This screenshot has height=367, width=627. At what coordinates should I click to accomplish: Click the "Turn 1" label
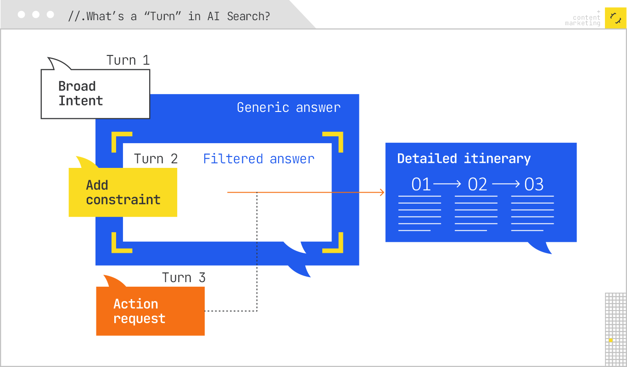point(128,61)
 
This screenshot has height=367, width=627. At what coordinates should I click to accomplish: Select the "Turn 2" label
point(156,159)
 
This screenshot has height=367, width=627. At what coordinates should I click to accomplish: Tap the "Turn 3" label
point(184,278)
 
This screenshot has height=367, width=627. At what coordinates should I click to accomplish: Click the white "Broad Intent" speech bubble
point(95,94)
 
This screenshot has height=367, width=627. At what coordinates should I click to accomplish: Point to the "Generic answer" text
point(289,108)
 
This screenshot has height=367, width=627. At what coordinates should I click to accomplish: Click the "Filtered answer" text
point(258,159)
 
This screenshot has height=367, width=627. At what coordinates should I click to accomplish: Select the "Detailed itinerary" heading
point(464,159)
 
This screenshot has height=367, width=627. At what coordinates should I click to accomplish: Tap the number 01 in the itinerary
point(421,184)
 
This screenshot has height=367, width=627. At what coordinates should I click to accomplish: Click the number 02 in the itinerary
point(477,184)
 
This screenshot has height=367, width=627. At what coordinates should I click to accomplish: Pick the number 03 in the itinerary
point(534,184)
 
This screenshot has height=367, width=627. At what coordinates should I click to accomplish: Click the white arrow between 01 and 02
point(447,184)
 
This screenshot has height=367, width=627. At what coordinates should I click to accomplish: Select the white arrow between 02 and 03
point(506,184)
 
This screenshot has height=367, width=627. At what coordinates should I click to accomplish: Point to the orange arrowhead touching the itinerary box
point(382,193)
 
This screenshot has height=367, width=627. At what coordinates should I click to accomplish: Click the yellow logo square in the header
point(616,18)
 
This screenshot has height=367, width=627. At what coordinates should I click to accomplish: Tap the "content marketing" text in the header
point(583,21)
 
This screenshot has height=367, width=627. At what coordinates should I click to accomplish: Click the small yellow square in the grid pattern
point(611,340)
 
